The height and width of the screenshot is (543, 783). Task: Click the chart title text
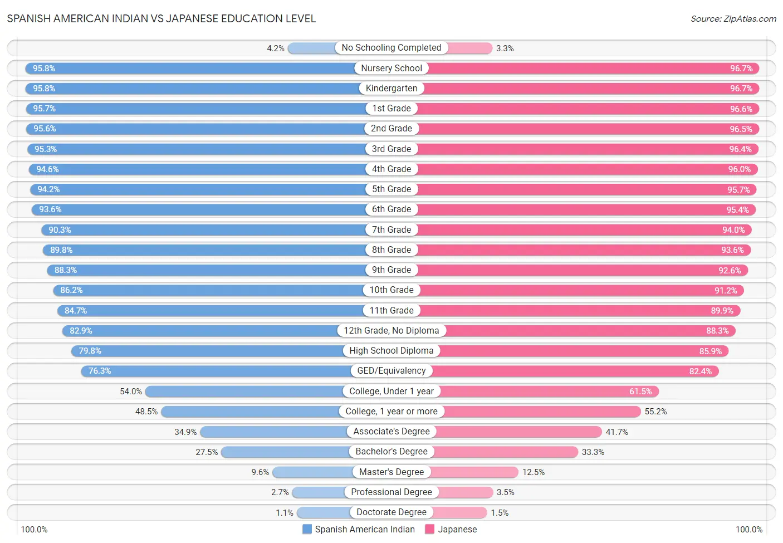pyautogui.click(x=162, y=18)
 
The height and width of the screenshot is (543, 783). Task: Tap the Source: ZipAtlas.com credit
pyautogui.click(x=733, y=19)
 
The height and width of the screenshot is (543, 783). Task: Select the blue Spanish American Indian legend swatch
pyautogui.click(x=307, y=529)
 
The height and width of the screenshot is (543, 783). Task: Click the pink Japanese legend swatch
pyautogui.click(x=429, y=529)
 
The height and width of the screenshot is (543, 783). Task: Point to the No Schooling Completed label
pyautogui.click(x=391, y=48)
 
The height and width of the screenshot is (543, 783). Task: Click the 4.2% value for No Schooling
pyautogui.click(x=276, y=48)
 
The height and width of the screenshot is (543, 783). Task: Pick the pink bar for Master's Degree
pyautogui.click(x=474, y=472)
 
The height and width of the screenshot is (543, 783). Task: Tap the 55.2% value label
pyautogui.click(x=655, y=412)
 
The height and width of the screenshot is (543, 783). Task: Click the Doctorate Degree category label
pyautogui.click(x=391, y=512)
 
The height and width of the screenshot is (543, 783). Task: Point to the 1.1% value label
pyautogui.click(x=285, y=513)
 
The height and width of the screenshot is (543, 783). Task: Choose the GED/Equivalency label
pyautogui.click(x=391, y=371)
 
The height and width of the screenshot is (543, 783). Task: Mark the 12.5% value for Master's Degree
pyautogui.click(x=534, y=472)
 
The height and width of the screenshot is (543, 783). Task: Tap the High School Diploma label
pyautogui.click(x=391, y=351)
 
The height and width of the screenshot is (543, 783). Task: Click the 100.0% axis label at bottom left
pyautogui.click(x=34, y=530)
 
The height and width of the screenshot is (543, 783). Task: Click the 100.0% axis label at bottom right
pyautogui.click(x=749, y=530)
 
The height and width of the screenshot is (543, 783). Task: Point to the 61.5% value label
pyautogui.click(x=640, y=392)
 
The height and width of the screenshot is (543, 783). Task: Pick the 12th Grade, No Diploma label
pyautogui.click(x=391, y=331)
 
